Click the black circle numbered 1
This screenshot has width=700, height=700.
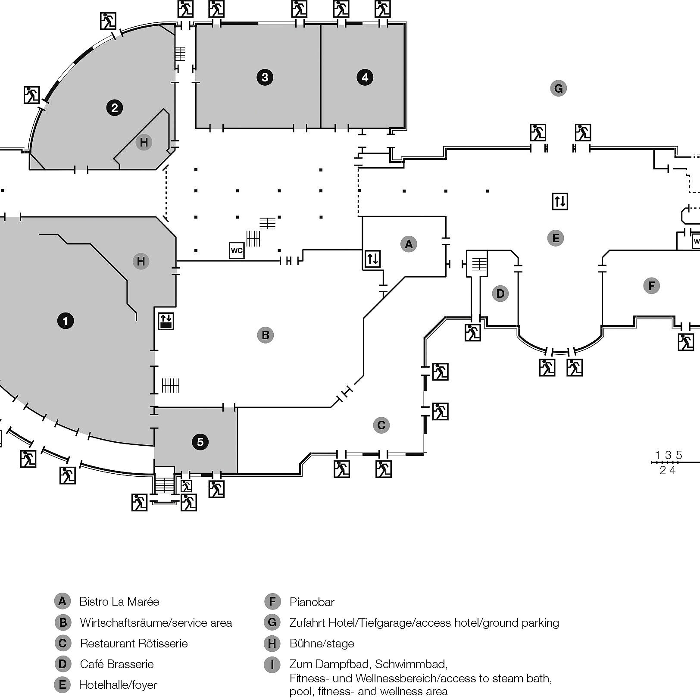pos(66,321)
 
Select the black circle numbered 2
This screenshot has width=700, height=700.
pos(114,108)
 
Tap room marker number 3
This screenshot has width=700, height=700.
pos(265,77)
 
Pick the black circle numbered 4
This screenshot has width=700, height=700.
pos(365,77)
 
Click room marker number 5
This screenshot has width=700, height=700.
pos(200,442)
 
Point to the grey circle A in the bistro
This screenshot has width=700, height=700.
pos(409,244)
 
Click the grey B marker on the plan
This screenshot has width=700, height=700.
pos(266,335)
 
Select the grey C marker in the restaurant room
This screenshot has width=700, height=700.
pos(381,425)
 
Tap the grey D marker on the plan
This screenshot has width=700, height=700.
pos(500,294)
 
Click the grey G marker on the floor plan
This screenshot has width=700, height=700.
pos(558,88)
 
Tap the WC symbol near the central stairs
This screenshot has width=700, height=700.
pos(237,250)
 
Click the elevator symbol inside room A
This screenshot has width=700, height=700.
pos(372,259)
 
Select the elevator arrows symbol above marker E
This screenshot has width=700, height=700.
pos(560,201)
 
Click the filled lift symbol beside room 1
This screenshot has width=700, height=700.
pos(166,321)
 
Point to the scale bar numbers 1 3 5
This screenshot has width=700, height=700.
pos(668,455)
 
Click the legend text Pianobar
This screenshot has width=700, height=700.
pos(312,602)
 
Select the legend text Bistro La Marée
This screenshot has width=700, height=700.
pos(119,601)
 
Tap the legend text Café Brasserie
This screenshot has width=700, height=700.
pos(116,664)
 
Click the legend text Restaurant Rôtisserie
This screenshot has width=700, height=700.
pos(134,643)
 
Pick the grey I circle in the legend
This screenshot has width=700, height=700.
pos(272,665)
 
